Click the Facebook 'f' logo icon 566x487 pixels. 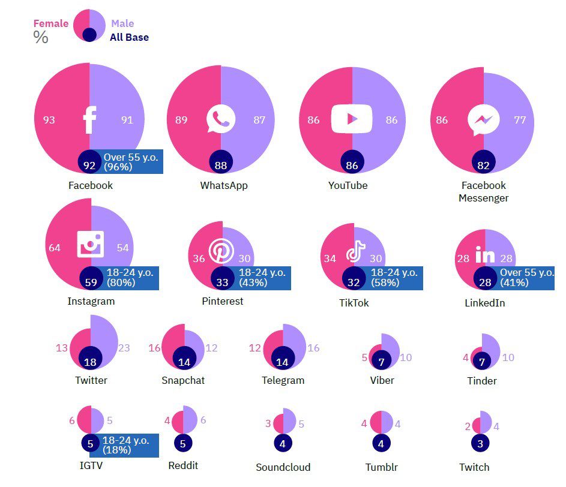[x=89, y=120]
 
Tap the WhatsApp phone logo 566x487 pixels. [x=220, y=119]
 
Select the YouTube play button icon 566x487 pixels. [x=352, y=119]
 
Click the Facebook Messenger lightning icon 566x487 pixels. [x=484, y=120]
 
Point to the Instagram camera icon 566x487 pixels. [x=91, y=244]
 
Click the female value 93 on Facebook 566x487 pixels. [x=49, y=120]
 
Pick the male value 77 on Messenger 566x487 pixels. [x=520, y=120]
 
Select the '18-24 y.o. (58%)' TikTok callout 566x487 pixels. [x=394, y=278]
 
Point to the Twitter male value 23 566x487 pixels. [x=124, y=348]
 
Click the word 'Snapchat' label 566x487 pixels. [x=183, y=380]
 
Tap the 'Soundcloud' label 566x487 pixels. [x=283, y=467]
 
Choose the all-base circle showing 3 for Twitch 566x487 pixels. [x=480, y=443]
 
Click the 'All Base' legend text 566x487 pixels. [x=129, y=37]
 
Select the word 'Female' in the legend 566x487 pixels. [x=50, y=23]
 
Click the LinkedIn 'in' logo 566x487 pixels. [x=484, y=256]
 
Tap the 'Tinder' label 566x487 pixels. [x=482, y=381]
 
